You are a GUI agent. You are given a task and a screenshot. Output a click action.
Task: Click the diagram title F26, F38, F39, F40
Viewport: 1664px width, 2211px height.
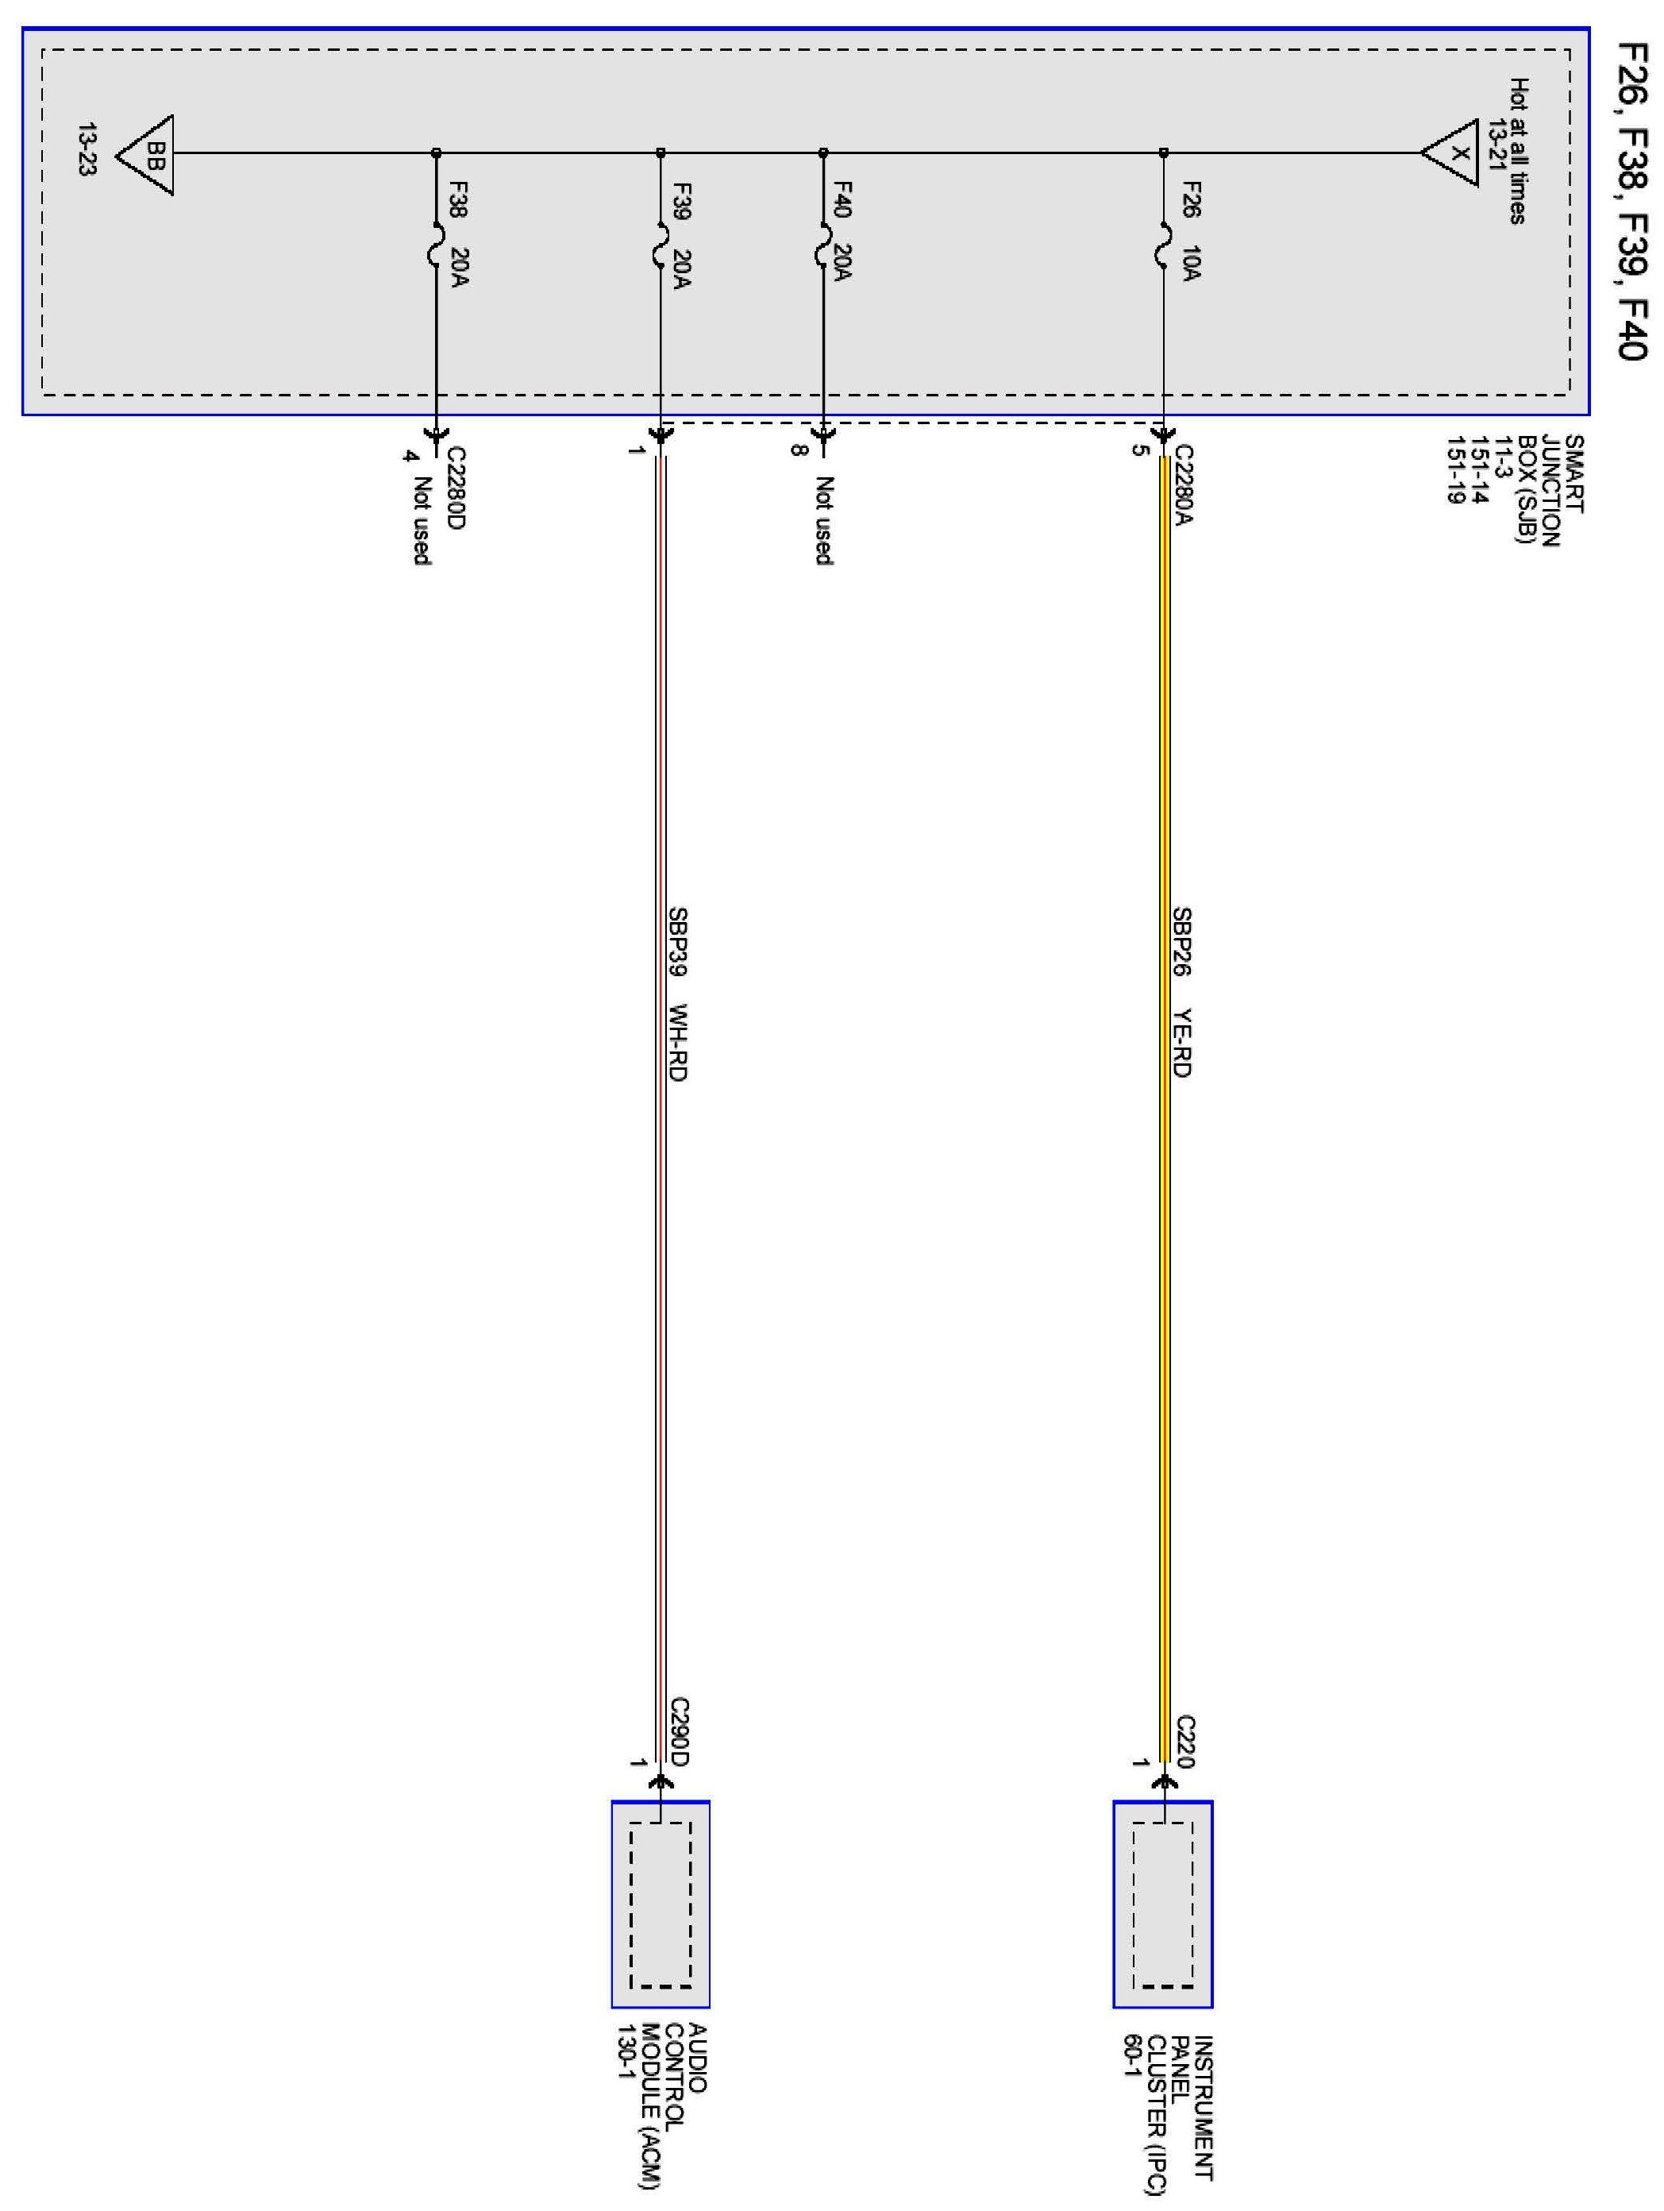click(1631, 200)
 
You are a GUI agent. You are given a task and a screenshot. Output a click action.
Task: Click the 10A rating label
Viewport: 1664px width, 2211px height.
click(1190, 262)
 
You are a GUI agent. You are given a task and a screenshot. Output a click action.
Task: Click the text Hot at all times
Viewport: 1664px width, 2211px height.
click(1518, 150)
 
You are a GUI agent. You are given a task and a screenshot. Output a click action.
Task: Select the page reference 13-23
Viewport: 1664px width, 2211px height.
click(87, 150)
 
